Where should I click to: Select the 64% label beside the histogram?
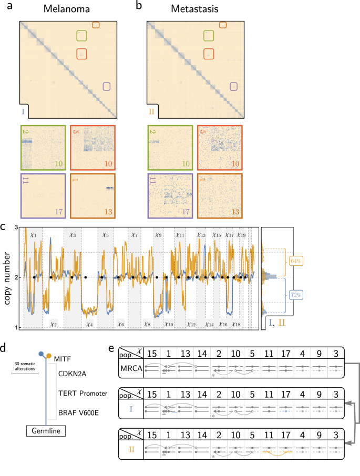(x=293, y=260)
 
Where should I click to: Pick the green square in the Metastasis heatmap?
(x=210, y=36)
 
